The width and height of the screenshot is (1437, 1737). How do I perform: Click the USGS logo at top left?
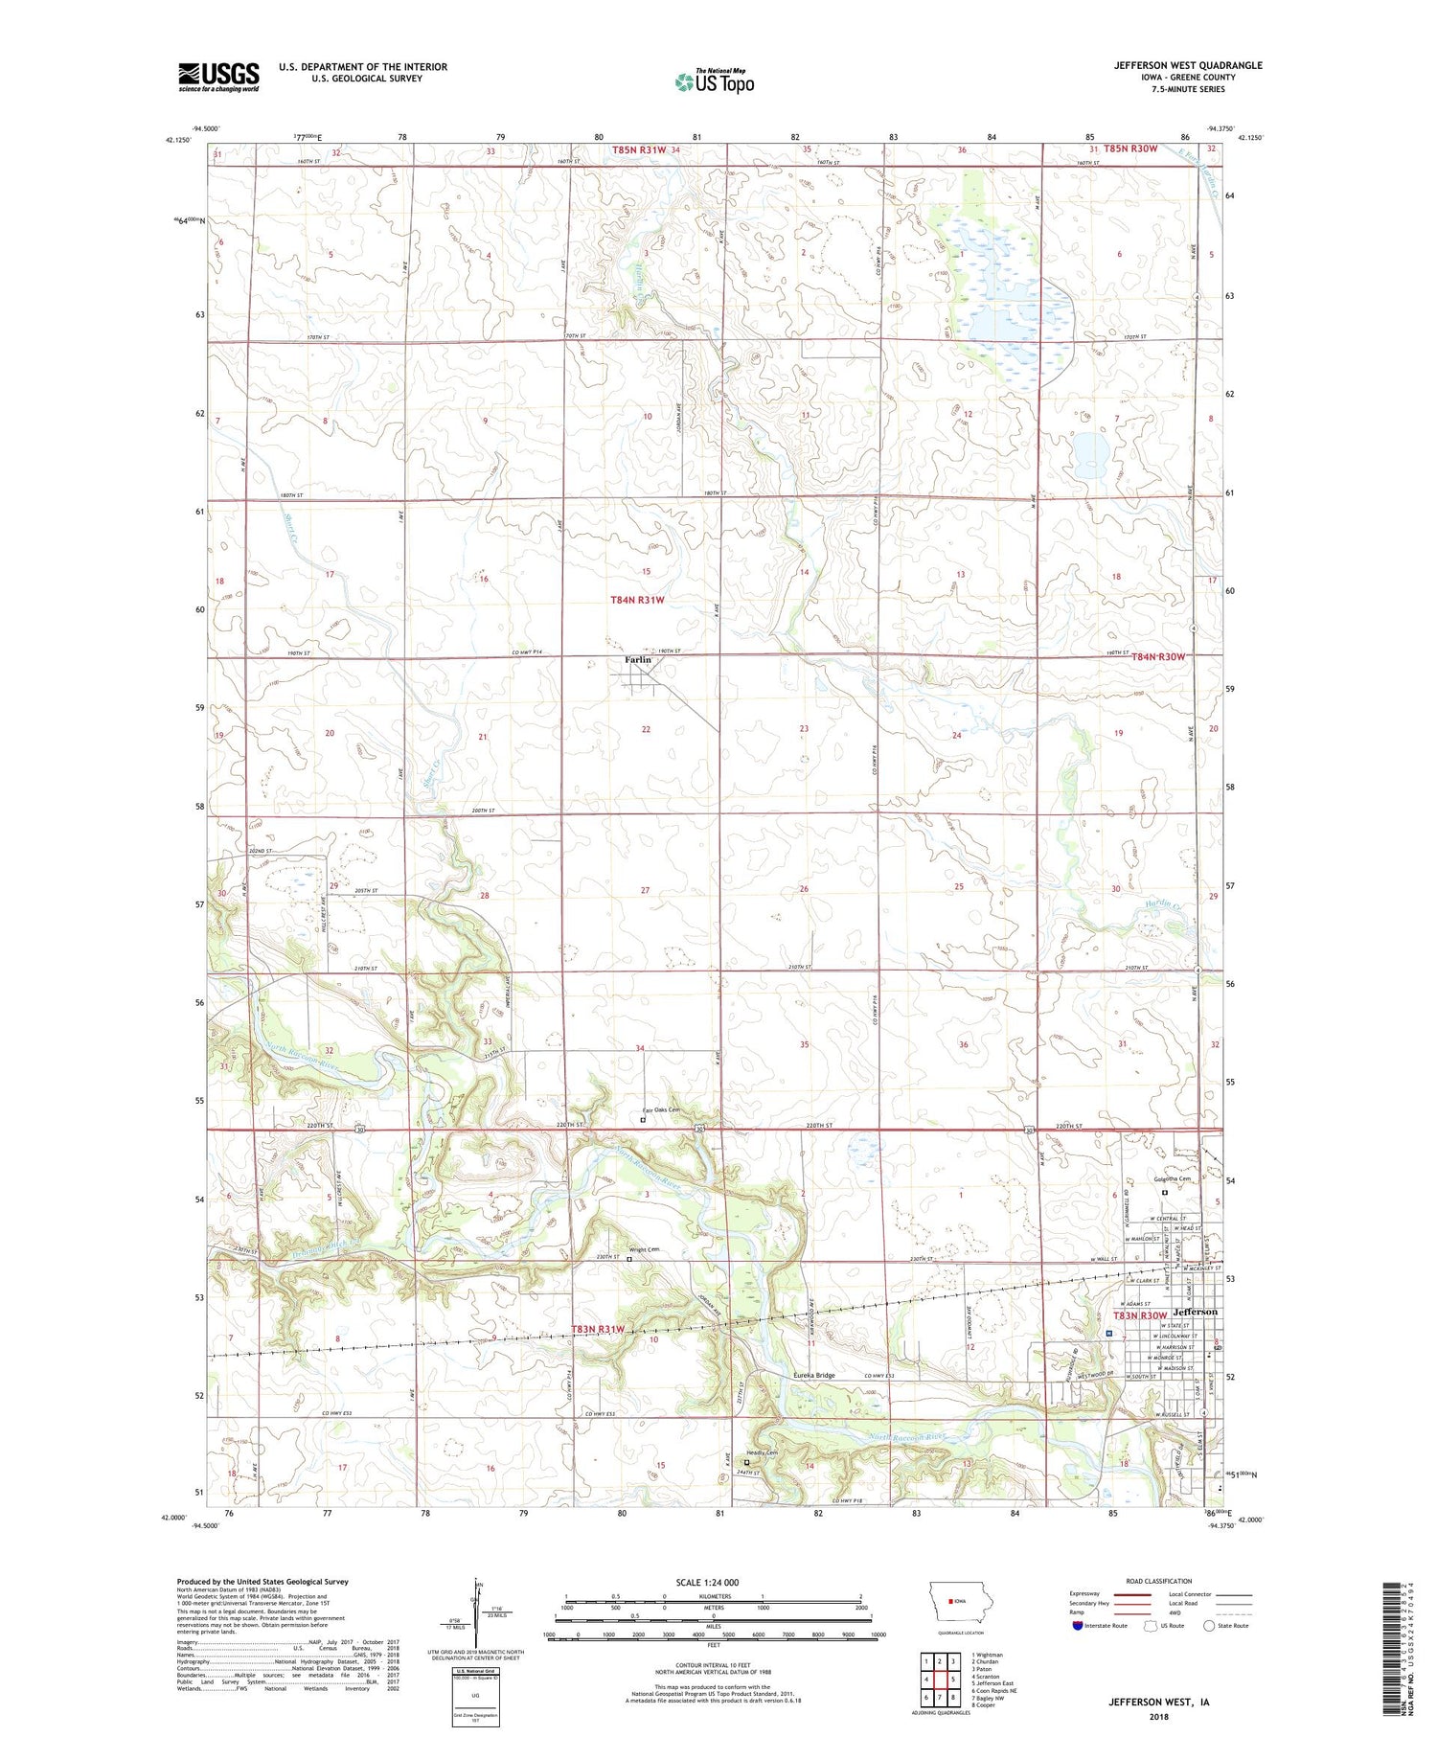(x=218, y=77)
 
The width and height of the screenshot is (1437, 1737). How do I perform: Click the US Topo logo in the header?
(x=714, y=82)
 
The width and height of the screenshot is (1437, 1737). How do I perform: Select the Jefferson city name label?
(x=1191, y=1312)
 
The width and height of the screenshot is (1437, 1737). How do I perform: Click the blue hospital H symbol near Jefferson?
(x=1108, y=1333)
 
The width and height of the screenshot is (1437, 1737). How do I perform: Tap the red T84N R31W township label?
(x=637, y=600)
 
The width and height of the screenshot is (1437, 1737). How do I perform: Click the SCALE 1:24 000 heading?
(x=714, y=1582)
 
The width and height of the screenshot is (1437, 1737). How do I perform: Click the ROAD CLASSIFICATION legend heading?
(x=1159, y=1581)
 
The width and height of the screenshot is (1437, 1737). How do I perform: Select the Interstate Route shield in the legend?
(x=1078, y=1626)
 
